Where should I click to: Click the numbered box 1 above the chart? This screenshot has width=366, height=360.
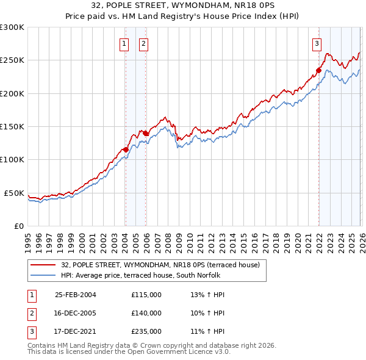124,43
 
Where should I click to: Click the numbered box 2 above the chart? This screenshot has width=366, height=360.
143,43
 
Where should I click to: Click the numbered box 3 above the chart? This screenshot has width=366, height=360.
317,43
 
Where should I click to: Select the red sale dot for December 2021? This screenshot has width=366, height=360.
318,70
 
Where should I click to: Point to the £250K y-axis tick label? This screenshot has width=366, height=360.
12,60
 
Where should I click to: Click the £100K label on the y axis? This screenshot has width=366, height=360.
12,159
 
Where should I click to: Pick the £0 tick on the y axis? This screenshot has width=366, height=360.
19,226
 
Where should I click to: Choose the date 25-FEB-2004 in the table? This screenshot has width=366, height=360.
75,295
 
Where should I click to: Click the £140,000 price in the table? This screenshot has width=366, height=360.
146,313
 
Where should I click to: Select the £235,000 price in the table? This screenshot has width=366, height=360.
146,331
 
